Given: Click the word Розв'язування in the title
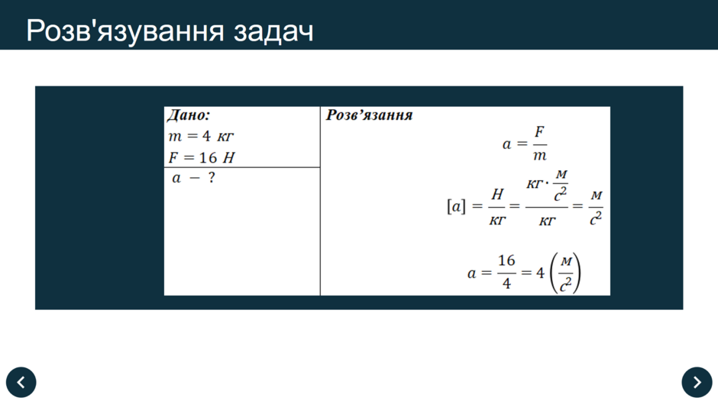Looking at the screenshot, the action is coord(125,31).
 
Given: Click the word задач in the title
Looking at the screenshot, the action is coord(273,31).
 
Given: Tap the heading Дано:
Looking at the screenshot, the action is coord(188,115).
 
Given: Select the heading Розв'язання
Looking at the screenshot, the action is coord(369,115).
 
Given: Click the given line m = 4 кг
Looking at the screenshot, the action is coord(201,136).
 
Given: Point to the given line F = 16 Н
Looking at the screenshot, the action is coord(202,157).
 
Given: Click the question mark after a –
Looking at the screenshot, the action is coord(211,177).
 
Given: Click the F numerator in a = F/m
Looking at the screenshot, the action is coord(539,132).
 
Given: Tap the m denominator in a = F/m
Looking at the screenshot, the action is coord(539,156).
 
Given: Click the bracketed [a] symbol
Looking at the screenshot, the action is coord(456,206).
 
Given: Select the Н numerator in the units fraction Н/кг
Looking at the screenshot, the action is coord(497,194).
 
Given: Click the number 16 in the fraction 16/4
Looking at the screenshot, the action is coord(506,260).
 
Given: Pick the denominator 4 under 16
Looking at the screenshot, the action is coord(506,283).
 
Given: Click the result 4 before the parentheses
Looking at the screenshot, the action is coord(540,273).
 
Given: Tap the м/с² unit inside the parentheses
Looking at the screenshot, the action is coord(566,273).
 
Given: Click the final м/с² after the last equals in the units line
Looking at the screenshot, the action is coord(596,208).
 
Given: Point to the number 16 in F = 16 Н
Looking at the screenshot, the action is coord(208,157).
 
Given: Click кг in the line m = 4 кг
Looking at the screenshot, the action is coord(225,137).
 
